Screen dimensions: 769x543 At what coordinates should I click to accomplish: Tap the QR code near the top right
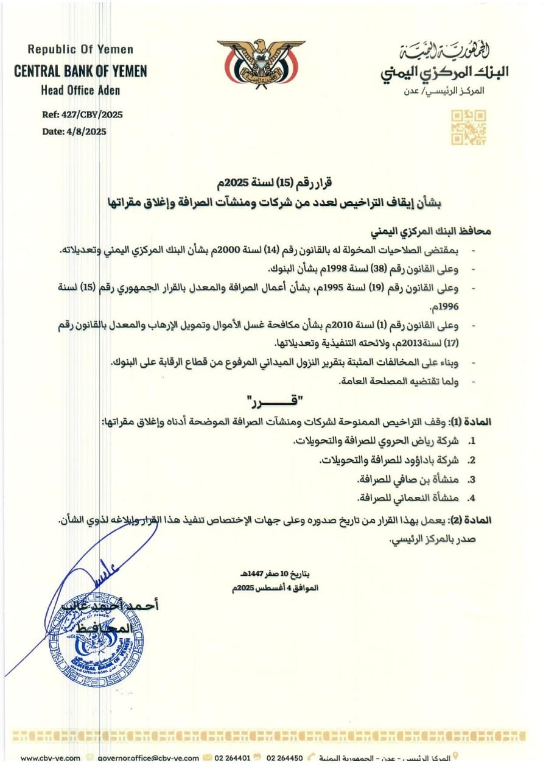pos(468,127)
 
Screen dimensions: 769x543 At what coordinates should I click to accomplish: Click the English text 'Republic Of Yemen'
pos(80,49)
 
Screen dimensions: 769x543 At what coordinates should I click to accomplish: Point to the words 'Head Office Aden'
pos(80,91)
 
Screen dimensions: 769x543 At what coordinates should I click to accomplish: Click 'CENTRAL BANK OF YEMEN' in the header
pos(80,71)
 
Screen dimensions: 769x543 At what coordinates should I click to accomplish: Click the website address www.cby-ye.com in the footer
pos(51,758)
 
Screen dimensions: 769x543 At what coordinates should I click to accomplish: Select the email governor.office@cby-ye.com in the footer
pos(148,758)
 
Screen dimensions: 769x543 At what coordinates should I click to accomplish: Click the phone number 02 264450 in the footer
pos(285,758)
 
